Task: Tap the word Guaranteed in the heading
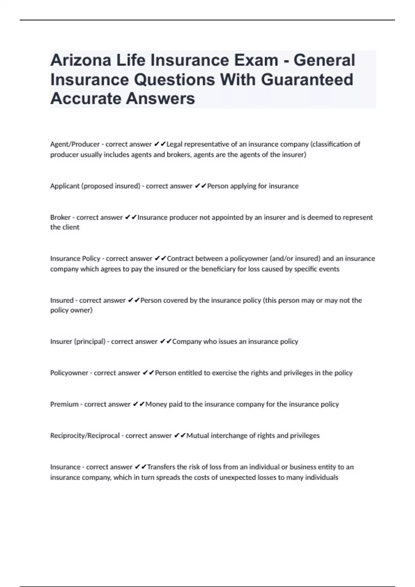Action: pos(307,79)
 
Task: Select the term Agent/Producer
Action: pos(75,144)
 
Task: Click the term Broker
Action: pos(60,218)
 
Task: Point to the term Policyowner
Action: pos(69,373)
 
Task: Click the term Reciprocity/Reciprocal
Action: pos(85,436)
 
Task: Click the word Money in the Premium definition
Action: pos(156,404)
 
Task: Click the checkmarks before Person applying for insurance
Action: pos(200,186)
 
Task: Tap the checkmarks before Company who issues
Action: pos(166,341)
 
